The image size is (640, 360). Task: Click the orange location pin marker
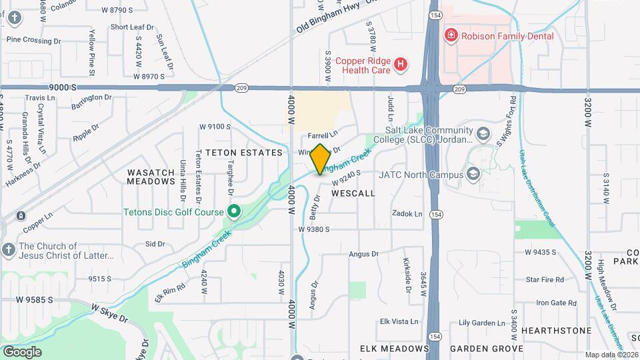point(320,159)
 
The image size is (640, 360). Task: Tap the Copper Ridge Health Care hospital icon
point(400,65)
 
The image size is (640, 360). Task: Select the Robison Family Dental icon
point(451,35)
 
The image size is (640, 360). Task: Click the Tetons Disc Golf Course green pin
point(233,213)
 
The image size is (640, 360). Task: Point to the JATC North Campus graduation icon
point(473,175)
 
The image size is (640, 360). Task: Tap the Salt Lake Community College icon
point(483,133)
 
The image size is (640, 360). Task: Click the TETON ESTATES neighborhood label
point(244,153)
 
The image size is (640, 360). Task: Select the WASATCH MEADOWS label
point(151,177)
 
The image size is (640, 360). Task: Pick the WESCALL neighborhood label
point(353,193)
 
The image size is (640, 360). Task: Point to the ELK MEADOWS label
point(394,349)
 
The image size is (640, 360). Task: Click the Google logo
point(22,351)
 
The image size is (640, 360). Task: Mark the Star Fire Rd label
point(545,279)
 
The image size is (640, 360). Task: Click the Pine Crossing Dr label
point(33,40)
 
